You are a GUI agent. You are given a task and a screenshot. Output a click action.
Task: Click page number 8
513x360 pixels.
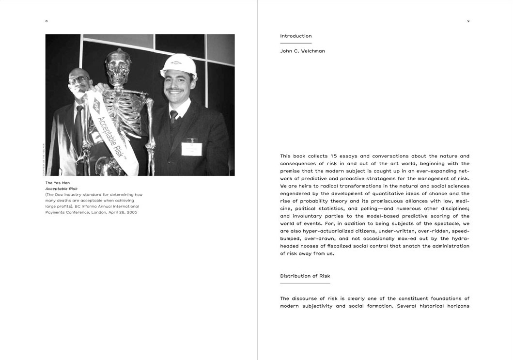pos(47,21)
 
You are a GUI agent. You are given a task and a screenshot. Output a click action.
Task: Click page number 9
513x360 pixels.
pos(468,21)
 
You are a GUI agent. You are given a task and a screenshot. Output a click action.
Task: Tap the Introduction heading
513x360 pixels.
pos(295,36)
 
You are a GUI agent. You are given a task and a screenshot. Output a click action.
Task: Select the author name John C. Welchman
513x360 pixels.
pos(302,51)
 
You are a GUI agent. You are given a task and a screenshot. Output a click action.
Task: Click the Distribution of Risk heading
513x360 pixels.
pos(305,276)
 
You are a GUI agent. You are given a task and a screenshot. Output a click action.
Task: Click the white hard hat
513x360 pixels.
pos(179,65)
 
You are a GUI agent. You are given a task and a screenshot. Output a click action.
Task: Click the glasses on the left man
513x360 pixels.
pos(79,79)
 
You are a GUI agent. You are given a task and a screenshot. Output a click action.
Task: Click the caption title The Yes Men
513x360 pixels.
pos(58,183)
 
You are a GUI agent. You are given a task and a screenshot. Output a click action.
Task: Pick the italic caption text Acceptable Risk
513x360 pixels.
pos(62,188)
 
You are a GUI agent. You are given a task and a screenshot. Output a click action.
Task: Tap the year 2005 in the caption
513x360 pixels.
pos(131,212)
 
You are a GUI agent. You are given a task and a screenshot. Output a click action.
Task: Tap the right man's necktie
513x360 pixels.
pos(173,116)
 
